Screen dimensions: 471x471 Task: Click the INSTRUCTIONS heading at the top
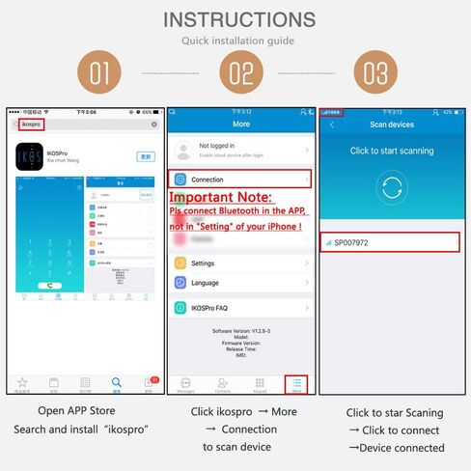pyautogui.click(x=239, y=19)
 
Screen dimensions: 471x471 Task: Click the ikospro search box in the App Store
pyautogui.click(x=84, y=125)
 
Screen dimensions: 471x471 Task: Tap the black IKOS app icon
pyautogui.click(x=30, y=157)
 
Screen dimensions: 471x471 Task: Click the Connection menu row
pyautogui.click(x=239, y=180)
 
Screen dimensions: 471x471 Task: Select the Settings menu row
pyautogui.click(x=239, y=263)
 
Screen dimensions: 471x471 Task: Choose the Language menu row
pyautogui.click(x=239, y=283)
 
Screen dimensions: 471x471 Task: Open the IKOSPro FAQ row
pyautogui.click(x=239, y=309)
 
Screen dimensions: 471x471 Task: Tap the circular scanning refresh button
pyautogui.click(x=392, y=187)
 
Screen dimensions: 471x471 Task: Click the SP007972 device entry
pyautogui.click(x=391, y=242)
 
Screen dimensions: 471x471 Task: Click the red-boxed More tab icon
pyautogui.click(x=297, y=384)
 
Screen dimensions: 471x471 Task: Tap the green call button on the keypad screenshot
pyautogui.click(x=46, y=286)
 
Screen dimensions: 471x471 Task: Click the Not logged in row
pyautogui.click(x=239, y=150)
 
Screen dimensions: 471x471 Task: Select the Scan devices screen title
pyautogui.click(x=391, y=125)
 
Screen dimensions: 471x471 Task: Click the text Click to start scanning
pyautogui.click(x=391, y=151)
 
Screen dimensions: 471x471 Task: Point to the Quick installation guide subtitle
pyautogui.click(x=239, y=41)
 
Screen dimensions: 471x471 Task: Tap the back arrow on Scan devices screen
pyautogui.click(x=332, y=125)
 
